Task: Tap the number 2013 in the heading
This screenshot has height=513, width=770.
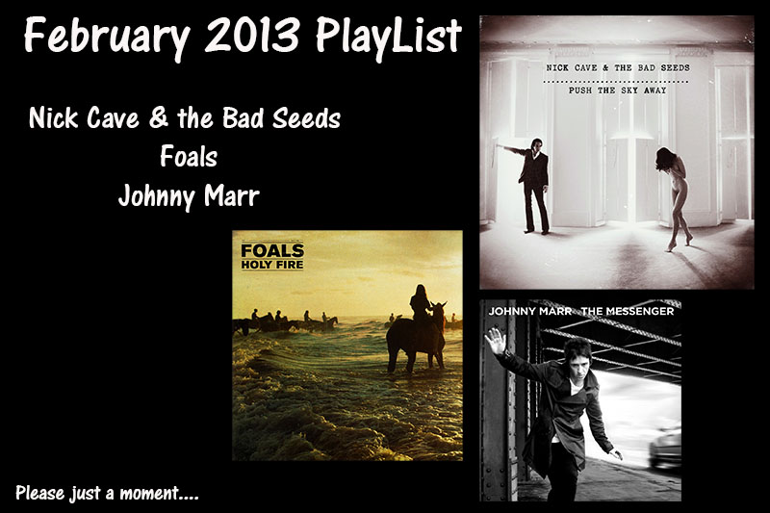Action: click(252, 35)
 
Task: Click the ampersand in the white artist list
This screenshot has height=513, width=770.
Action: click(158, 117)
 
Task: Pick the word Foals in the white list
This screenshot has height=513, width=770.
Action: click(189, 157)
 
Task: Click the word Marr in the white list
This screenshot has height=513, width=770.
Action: click(231, 196)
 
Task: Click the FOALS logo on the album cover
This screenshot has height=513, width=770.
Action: click(272, 250)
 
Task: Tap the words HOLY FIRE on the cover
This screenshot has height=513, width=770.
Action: click(272, 265)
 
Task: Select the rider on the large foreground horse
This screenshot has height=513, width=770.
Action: click(421, 304)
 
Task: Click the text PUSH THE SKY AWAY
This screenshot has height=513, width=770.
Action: click(617, 90)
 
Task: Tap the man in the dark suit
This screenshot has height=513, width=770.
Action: click(532, 187)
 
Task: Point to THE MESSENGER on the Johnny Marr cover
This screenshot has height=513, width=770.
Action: click(628, 311)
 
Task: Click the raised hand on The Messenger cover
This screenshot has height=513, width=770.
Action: click(495, 341)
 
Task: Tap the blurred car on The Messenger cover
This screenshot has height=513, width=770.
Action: click(665, 448)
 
